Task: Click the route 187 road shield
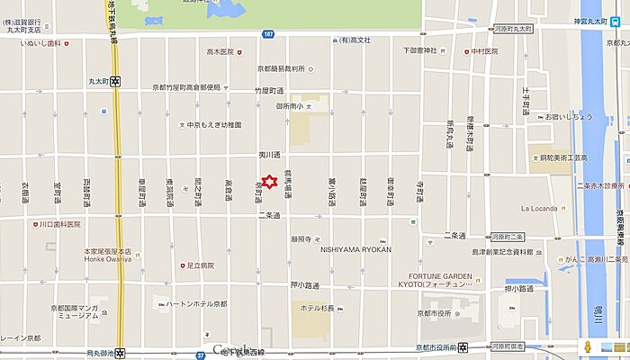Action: pos(268,33)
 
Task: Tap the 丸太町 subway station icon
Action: pos(117,80)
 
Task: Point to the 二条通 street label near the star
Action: pos(270,215)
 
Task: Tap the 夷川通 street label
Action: pos(270,155)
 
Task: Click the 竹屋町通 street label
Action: pos(269,91)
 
